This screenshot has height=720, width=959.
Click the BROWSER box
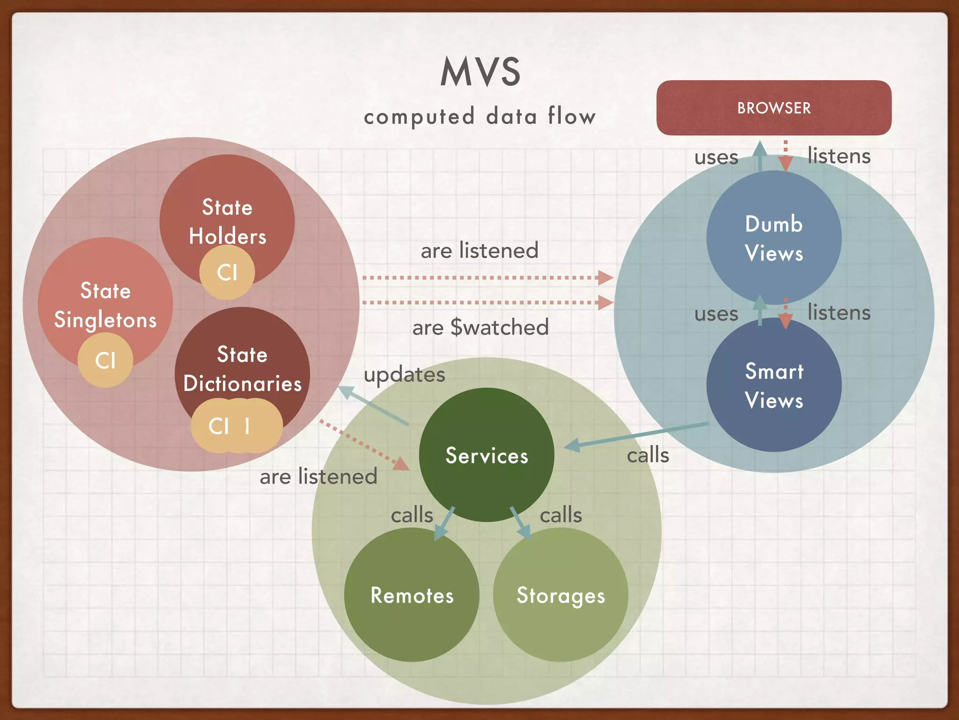click(x=774, y=108)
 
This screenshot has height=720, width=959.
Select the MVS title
click(x=480, y=72)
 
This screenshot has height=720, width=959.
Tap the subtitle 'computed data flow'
click(x=480, y=116)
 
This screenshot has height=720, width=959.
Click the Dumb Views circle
click(x=774, y=238)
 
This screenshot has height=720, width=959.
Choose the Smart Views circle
click(x=774, y=385)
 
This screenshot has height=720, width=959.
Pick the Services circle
click(x=487, y=455)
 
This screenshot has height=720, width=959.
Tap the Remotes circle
click(x=412, y=595)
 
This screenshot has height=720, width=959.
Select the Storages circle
click(x=561, y=595)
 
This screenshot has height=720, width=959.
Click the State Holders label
click(x=227, y=221)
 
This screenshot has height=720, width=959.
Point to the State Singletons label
click(x=105, y=305)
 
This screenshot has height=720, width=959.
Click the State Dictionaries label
click(x=242, y=369)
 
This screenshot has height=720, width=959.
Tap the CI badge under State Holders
click(x=227, y=272)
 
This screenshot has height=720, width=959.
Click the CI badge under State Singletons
click(x=105, y=360)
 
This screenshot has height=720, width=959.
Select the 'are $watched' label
click(x=480, y=327)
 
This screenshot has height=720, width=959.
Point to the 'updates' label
click(x=404, y=375)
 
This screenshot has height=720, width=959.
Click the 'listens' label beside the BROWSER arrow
click(x=839, y=156)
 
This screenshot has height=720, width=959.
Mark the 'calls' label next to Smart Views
click(x=648, y=455)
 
